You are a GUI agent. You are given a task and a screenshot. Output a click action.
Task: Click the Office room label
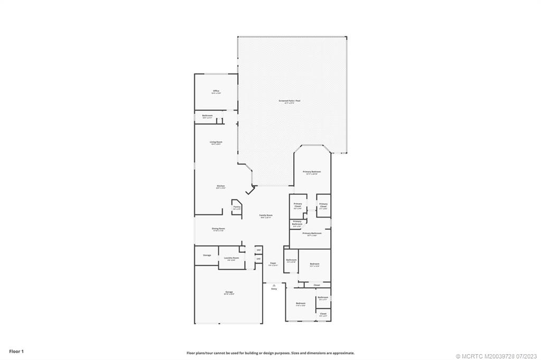[216, 91]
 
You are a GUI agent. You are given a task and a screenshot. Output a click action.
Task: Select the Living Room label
[216, 142]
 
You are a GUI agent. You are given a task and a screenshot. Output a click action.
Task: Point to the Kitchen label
[221, 186]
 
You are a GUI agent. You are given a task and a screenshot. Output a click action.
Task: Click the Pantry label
[237, 207]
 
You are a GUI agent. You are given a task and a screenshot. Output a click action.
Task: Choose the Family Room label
[266, 216]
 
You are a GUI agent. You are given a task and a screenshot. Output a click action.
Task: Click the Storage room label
[207, 255]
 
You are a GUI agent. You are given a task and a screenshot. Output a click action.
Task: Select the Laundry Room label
[231, 258]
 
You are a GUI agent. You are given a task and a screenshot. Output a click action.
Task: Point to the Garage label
[229, 292]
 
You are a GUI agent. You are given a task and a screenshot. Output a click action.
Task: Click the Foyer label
[273, 263]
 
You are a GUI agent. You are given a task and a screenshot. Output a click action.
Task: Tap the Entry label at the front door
[274, 289]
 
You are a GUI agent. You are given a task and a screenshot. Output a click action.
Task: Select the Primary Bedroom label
[312, 172]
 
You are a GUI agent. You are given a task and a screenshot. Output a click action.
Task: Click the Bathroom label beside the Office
[207, 116]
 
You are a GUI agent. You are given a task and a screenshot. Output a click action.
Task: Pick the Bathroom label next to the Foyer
[291, 260]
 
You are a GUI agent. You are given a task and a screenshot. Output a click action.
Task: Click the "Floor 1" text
[16, 350]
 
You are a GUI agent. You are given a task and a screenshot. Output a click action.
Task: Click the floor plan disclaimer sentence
[270, 353]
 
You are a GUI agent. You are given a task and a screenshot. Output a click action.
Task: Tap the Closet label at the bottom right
[323, 314]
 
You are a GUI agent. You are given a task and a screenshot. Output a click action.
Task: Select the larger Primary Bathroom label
[312, 233]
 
